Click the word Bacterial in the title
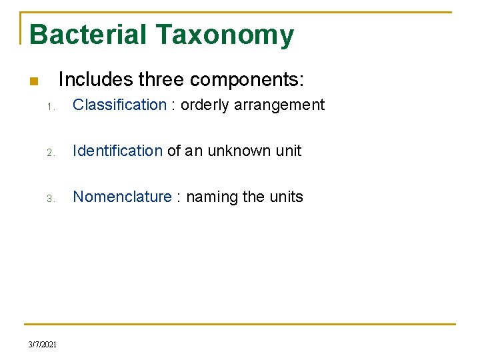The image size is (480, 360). pos(87,35)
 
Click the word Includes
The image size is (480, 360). pos(95,80)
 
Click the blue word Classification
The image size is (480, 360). pos(119,105)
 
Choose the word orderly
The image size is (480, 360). pos(205,105)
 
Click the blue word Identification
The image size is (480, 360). pos(117,151)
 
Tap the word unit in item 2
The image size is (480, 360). pos(288,151)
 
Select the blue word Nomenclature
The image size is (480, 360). pos(122,197)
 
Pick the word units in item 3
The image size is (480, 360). pos(286,197)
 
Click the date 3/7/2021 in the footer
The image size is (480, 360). pos(43,345)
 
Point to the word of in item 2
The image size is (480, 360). pos(173,151)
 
